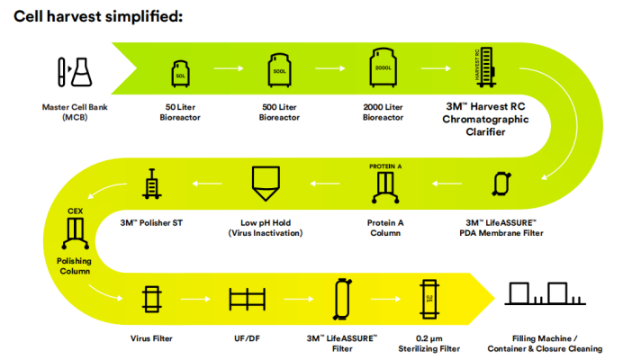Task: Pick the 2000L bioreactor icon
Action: [382, 67]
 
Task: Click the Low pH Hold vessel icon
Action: [266, 184]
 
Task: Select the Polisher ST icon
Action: [151, 185]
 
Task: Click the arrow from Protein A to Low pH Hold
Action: [324, 184]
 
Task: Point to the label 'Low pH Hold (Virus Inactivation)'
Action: [266, 228]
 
